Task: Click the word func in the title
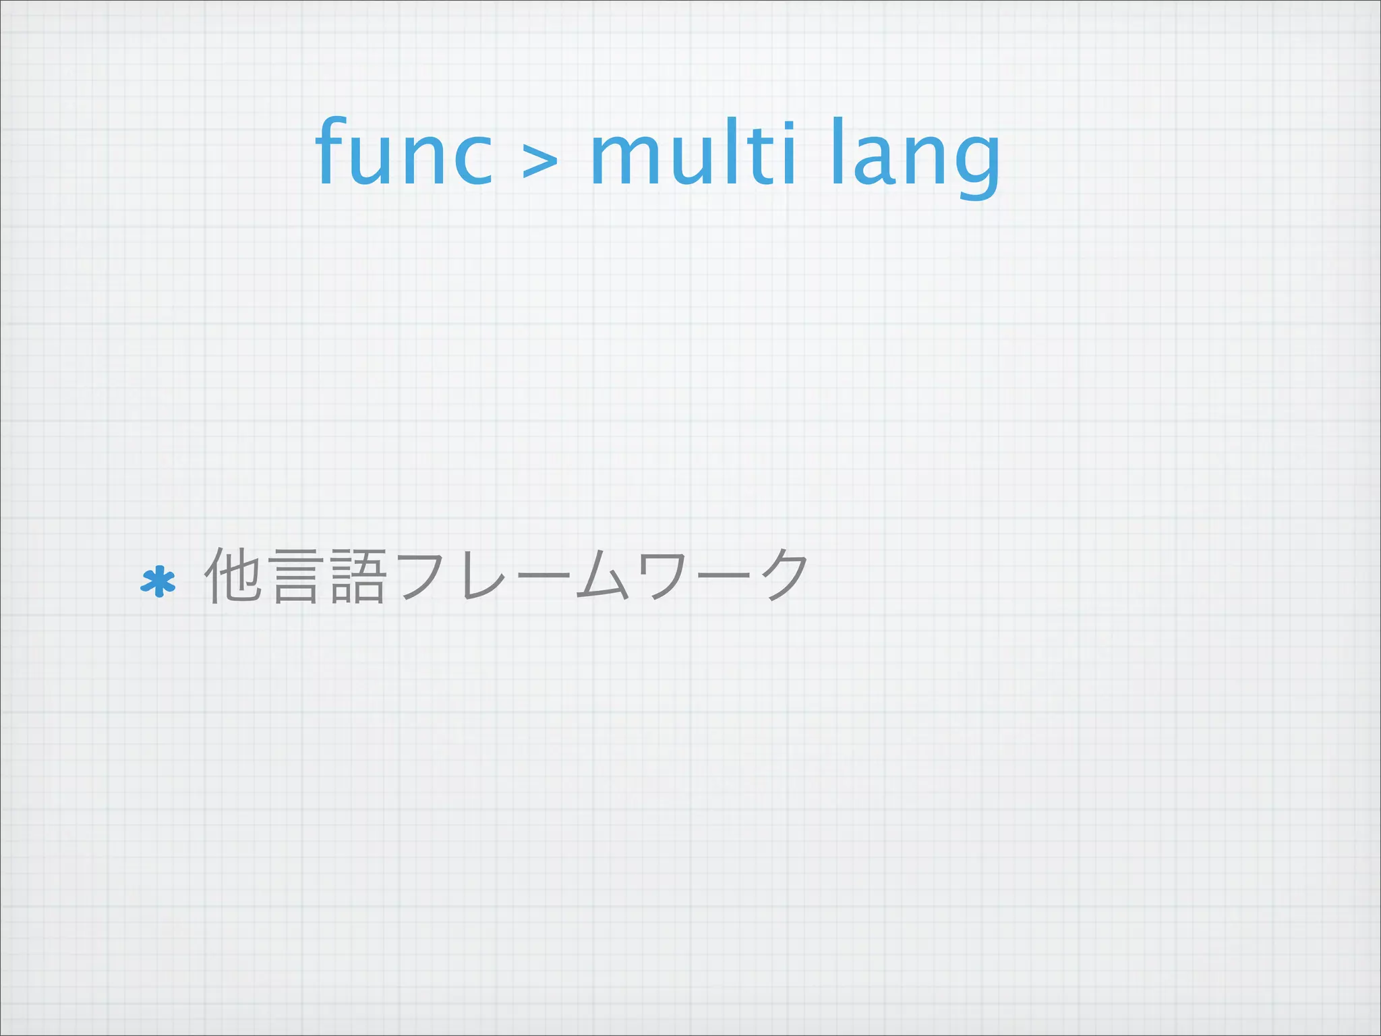coord(403,154)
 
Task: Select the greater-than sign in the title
coord(540,163)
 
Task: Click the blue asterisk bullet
coord(158,582)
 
